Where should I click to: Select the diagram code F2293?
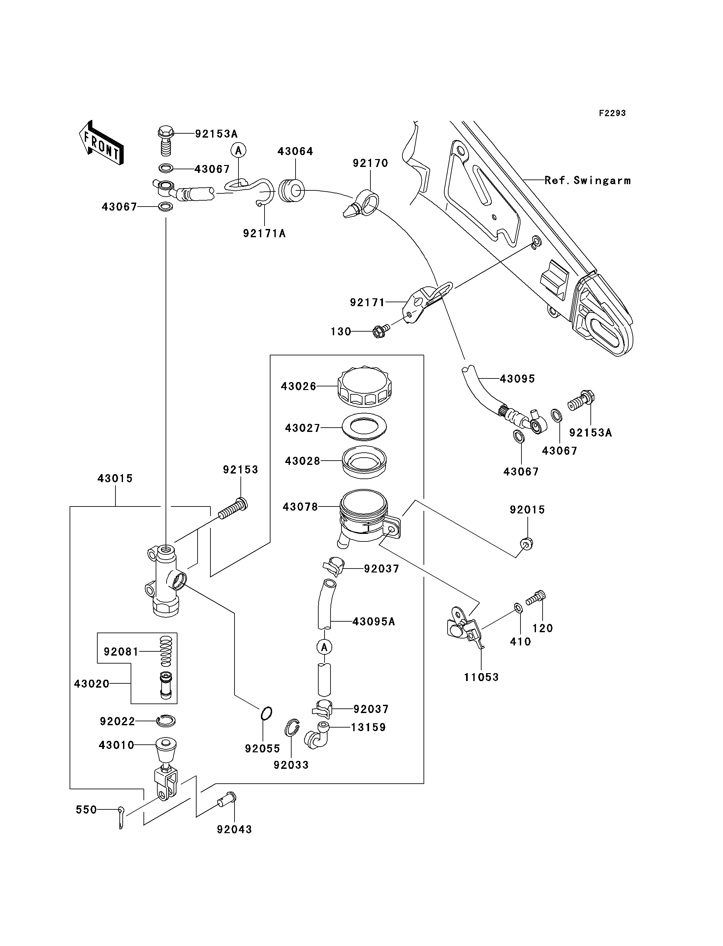pos(612,113)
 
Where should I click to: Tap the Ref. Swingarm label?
pos(587,180)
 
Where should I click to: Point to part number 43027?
pos(302,428)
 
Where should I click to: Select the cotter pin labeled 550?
pos(121,817)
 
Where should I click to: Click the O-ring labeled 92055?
pos(267,713)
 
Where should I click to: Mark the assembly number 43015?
pos(115,478)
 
